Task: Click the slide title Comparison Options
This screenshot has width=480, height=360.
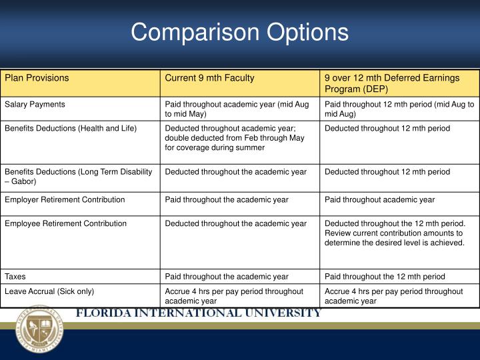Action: tap(239, 32)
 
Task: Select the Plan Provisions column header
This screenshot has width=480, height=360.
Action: tap(37, 78)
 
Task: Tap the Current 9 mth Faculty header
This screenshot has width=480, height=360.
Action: tap(209, 78)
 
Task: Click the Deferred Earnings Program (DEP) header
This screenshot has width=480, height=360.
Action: tap(391, 83)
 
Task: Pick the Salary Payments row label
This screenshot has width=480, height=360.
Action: tap(35, 105)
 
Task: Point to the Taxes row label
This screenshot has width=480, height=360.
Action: tap(17, 276)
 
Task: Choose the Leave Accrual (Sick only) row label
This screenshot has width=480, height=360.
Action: tap(49, 291)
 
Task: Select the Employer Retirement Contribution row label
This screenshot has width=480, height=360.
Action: tap(65, 199)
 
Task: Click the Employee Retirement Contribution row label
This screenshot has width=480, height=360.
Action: tap(65, 223)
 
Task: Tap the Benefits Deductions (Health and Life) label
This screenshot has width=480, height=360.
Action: tap(71, 128)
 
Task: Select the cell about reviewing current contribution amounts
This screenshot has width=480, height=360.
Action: tap(395, 233)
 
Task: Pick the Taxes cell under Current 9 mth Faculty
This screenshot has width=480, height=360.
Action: tap(227, 276)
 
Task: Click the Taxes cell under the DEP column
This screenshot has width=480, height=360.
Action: tap(385, 276)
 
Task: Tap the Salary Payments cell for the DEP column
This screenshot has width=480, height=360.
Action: tap(399, 109)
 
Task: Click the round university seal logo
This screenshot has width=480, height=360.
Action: tap(40, 329)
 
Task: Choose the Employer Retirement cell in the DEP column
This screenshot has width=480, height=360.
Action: tap(379, 199)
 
